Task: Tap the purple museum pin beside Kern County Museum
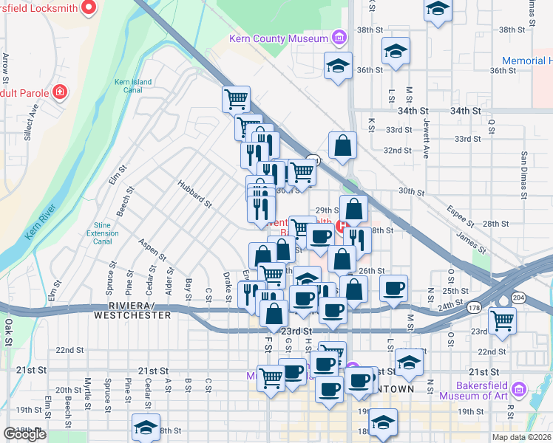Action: (339, 37)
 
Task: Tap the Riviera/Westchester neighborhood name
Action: (132, 310)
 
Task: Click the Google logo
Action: (24, 434)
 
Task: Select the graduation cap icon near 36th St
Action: (337, 66)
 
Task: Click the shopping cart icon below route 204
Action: (503, 320)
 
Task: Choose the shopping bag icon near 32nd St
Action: (342, 145)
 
